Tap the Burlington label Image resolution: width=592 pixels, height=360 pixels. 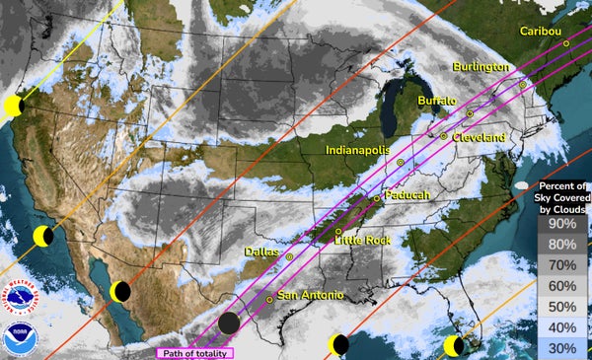tap(481, 66)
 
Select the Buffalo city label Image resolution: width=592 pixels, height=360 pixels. tap(437, 101)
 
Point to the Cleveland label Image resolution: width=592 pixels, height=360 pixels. tap(479, 137)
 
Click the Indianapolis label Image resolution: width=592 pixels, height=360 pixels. tap(362, 149)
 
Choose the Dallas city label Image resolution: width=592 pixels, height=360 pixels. tap(262, 252)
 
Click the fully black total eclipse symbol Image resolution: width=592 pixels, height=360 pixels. tap(229, 323)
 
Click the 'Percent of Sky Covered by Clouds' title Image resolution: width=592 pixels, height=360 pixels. tap(564, 197)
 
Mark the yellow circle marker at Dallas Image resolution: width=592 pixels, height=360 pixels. tap(290, 256)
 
